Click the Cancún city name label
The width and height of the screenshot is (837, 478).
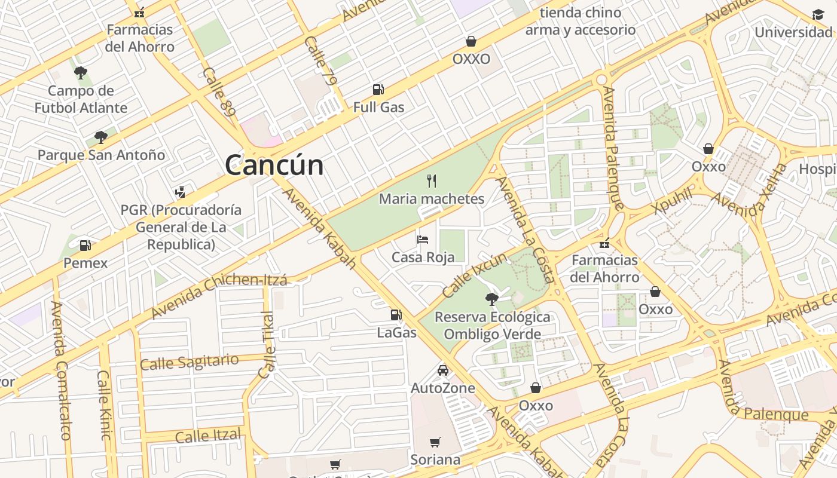coord(274,165)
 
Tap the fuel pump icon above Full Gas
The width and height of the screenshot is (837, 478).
coord(378,90)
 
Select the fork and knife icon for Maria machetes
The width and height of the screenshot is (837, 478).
coord(432,180)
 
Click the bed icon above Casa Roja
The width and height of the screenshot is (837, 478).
coord(423,240)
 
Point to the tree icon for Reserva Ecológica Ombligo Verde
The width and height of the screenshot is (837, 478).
coord(492,299)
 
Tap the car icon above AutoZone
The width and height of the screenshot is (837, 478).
coord(443,370)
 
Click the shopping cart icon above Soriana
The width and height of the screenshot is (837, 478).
coord(435,443)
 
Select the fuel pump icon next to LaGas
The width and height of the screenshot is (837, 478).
coord(396,314)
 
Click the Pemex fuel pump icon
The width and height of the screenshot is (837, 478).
coord(85,245)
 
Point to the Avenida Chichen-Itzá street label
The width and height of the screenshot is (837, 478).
coord(219,296)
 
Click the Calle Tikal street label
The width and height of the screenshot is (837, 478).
coord(267,344)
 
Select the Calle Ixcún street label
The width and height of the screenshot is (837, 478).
coord(475,275)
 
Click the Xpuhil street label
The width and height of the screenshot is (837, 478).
coord(673,200)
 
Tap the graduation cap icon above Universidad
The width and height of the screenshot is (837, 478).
coord(818,14)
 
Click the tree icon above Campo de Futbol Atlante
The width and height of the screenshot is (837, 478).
coord(81,73)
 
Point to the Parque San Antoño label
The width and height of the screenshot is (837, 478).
coord(101,155)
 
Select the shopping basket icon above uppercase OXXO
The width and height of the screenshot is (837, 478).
coord(471,41)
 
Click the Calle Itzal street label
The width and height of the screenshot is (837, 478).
coord(208,436)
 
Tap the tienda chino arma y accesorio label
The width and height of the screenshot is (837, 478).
coord(580,21)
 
